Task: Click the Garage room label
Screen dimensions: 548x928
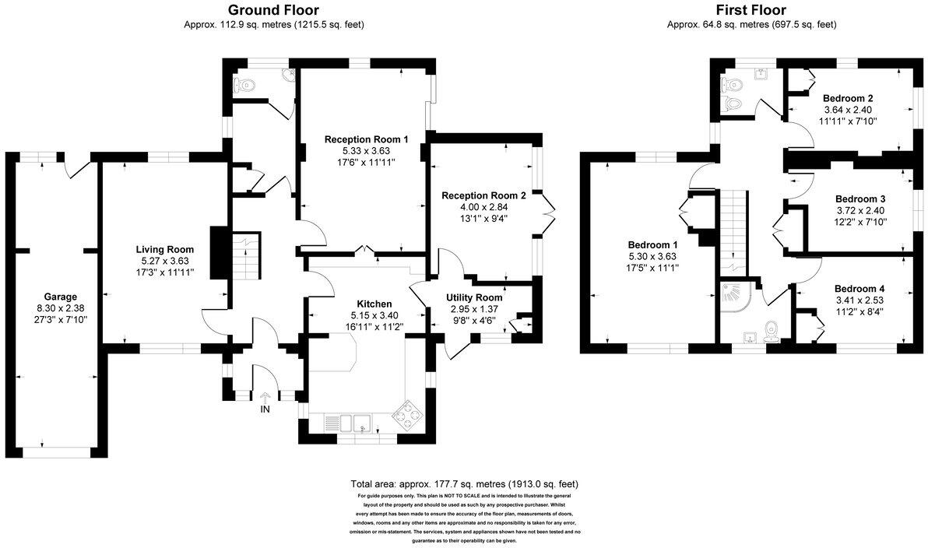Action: click(x=60, y=297)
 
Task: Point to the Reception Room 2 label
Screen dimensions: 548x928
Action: click(x=483, y=195)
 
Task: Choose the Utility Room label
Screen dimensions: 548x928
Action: click(x=474, y=297)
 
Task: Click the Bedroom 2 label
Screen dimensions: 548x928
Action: click(x=848, y=99)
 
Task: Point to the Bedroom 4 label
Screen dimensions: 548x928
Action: click(x=859, y=288)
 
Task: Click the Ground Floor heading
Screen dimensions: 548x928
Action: click(x=273, y=10)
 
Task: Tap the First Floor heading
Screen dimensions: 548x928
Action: click(x=751, y=10)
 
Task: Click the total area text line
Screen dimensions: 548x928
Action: click(x=465, y=483)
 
